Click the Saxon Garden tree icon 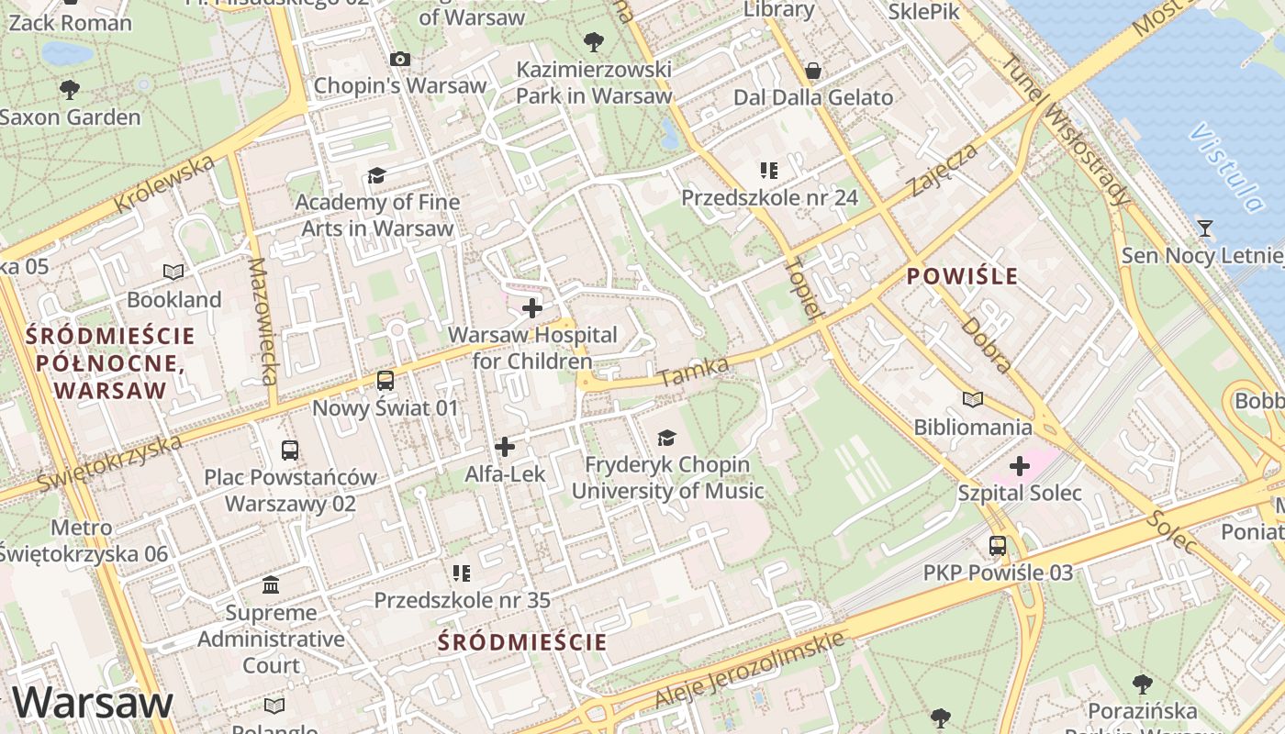point(69,89)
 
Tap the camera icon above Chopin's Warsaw point(399,59)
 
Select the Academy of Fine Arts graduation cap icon point(376,175)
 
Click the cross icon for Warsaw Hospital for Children point(531,308)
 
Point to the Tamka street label point(693,372)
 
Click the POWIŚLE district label point(962,275)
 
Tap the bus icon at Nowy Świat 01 point(385,380)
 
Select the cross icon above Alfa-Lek point(504,447)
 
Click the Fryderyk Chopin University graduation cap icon point(666,438)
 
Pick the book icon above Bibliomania point(972,399)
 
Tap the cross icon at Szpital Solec point(1019,466)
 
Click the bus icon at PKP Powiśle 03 point(997,546)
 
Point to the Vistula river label point(1226,168)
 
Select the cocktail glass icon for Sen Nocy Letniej point(1205,228)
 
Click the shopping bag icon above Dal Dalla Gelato point(812,71)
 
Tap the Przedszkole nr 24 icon point(769,170)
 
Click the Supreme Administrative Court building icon point(271,584)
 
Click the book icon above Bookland point(173,272)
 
